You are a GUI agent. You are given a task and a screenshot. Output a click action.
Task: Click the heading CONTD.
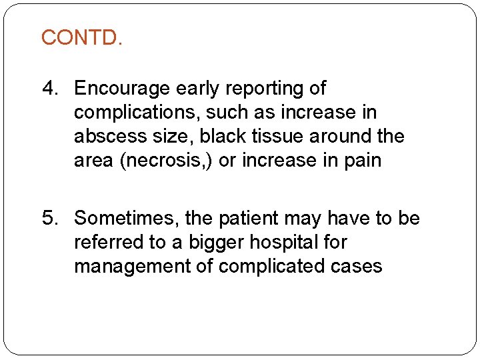click(82, 37)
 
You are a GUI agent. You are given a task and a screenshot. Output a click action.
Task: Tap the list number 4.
click(50, 88)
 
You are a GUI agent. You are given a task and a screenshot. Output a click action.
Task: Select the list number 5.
click(50, 218)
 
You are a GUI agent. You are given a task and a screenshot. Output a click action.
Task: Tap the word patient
click(251, 218)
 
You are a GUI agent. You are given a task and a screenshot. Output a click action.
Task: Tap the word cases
click(359, 266)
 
